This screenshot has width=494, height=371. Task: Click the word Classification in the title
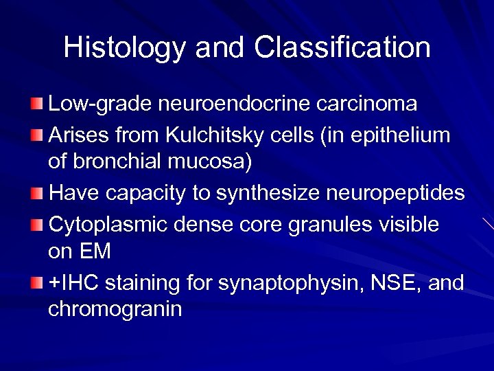coord(342,48)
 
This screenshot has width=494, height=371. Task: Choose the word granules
coord(352,224)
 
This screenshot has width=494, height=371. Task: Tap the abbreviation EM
coord(95,252)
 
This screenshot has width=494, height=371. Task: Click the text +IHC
coord(73,282)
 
